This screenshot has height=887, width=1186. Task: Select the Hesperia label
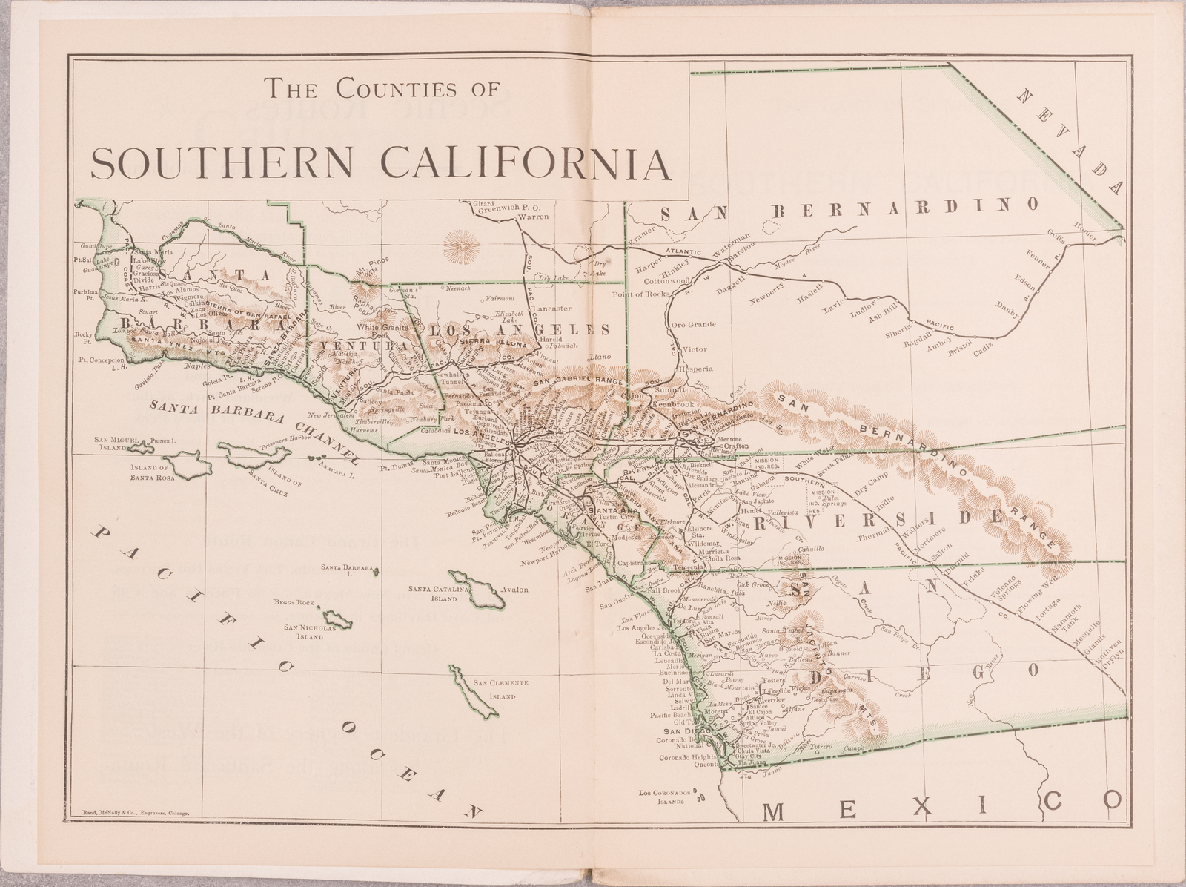[x=697, y=368]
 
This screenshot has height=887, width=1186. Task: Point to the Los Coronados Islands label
[x=668, y=797]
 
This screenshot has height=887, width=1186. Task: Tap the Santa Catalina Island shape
[x=473, y=588]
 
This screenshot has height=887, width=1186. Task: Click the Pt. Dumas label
[x=397, y=468]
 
